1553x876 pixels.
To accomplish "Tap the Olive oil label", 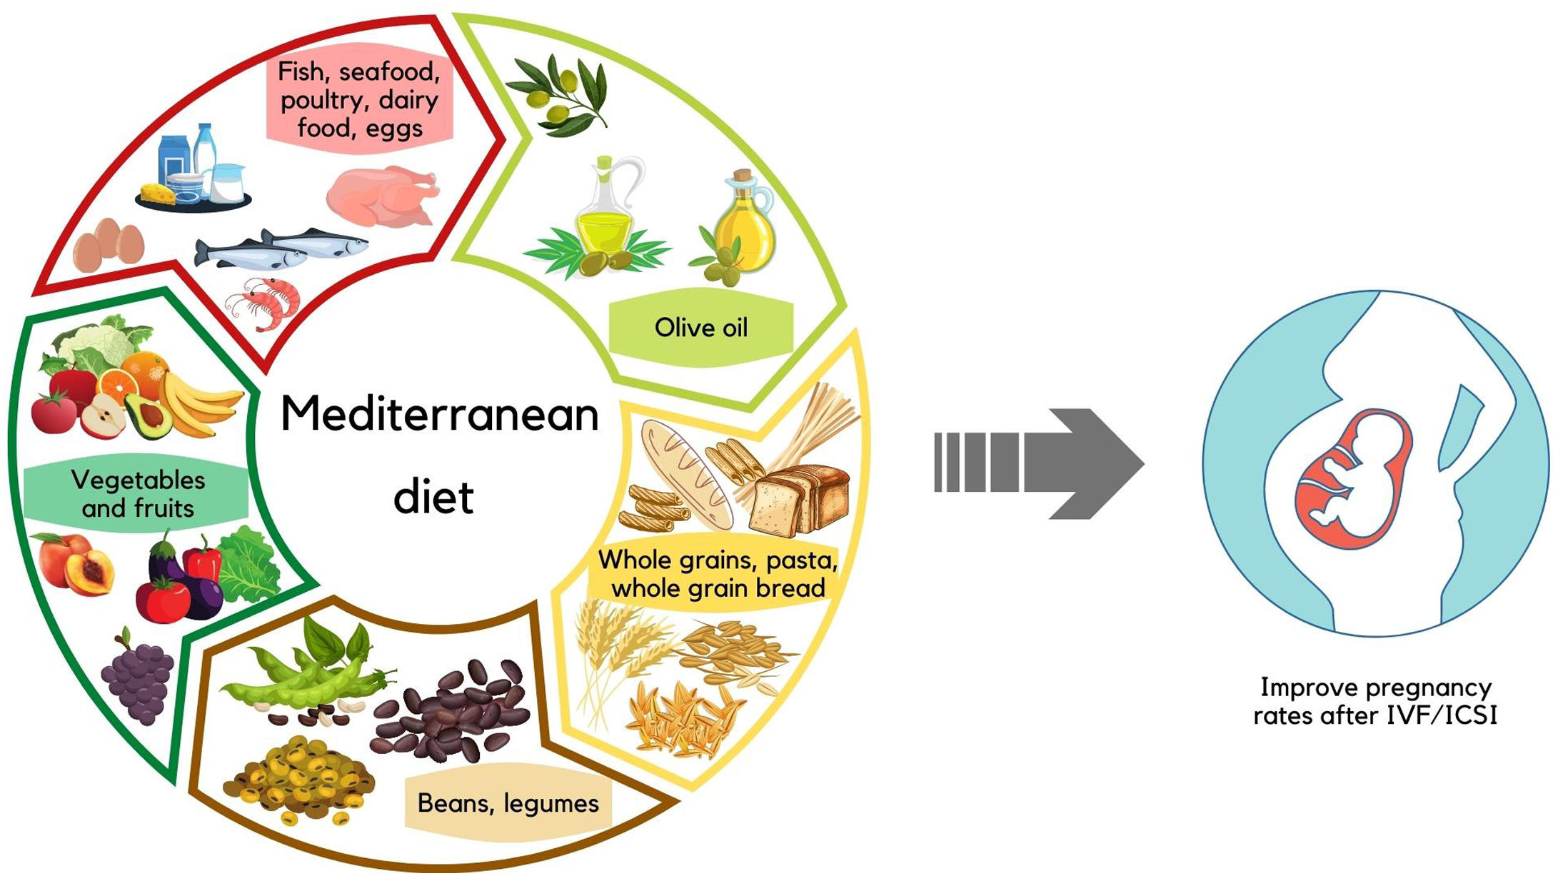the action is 700,328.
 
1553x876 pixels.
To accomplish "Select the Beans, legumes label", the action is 508,804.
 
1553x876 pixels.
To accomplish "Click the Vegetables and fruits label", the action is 138,494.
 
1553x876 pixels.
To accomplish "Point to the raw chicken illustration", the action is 382,196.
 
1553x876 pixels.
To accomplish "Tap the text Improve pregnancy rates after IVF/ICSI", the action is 1375,702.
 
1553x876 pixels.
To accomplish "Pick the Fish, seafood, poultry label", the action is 359,100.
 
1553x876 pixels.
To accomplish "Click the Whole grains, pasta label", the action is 718,574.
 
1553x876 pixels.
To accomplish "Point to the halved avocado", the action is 150,416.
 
